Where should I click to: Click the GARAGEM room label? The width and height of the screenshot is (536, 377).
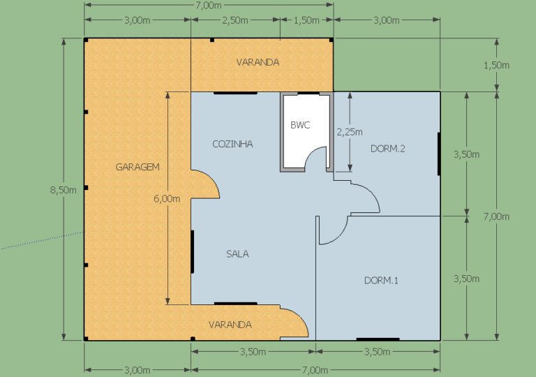(137, 167)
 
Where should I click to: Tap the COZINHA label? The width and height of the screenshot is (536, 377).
(232, 144)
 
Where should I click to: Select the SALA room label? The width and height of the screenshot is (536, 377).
(237, 254)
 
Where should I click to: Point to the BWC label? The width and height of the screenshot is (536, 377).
(300, 125)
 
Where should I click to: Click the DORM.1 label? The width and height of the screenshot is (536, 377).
(381, 281)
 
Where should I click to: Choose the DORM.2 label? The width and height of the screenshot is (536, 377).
(387, 149)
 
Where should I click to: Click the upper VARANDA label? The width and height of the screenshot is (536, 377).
(258, 62)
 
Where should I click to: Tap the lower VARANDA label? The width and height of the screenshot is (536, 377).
(230, 325)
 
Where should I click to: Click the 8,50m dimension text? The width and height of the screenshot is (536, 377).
(64, 190)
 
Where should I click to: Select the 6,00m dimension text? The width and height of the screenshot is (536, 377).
(167, 199)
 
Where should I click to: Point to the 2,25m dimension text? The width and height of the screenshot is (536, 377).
(350, 132)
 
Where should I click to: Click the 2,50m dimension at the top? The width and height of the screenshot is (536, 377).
(235, 20)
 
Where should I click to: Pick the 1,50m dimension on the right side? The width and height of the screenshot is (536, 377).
(496, 65)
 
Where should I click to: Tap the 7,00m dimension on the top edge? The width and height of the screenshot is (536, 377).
(209, 5)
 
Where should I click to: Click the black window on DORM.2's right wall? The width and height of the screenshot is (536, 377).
(438, 154)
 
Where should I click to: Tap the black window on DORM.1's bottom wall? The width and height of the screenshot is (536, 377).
(378, 339)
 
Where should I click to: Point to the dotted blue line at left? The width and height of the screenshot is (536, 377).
(42, 240)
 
